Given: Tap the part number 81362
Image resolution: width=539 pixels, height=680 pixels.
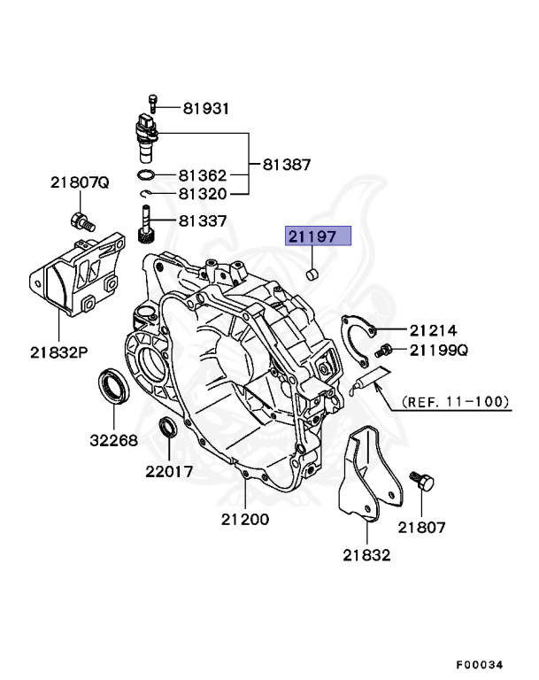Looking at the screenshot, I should [203, 175].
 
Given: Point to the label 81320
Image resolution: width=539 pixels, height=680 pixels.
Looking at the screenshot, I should [203, 194].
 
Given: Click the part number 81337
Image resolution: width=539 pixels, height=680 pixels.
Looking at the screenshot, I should [203, 220].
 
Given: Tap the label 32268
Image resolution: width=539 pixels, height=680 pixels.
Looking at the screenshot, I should [112, 438].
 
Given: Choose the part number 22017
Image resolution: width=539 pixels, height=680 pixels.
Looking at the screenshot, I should [169, 471].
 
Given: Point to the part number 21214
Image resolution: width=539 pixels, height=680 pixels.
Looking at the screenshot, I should [432, 329].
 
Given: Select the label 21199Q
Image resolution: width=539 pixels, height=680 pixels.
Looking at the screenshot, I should [438, 351].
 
